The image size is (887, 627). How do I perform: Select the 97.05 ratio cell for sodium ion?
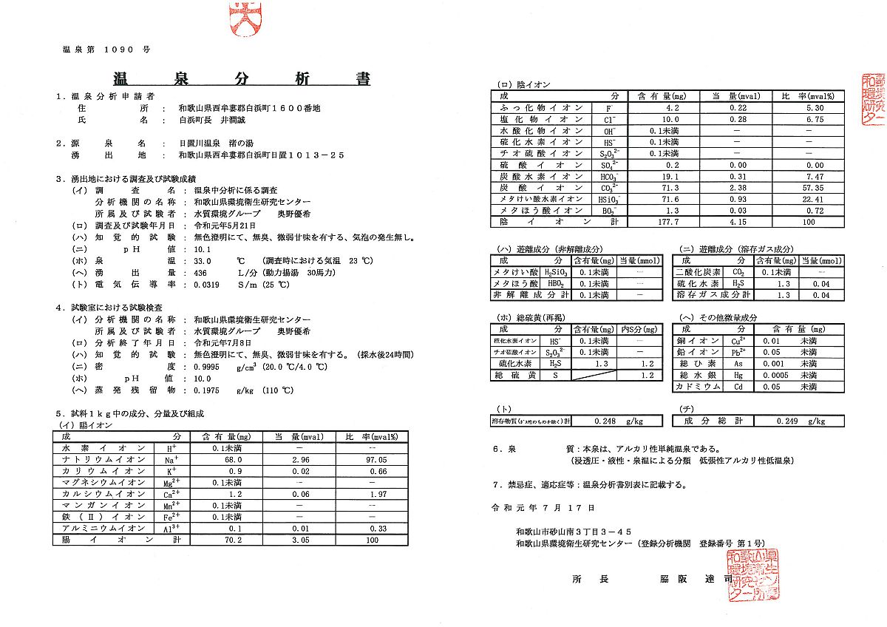pyautogui.click(x=377, y=459)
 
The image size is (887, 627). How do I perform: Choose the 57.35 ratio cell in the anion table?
pyautogui.click(x=808, y=188)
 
